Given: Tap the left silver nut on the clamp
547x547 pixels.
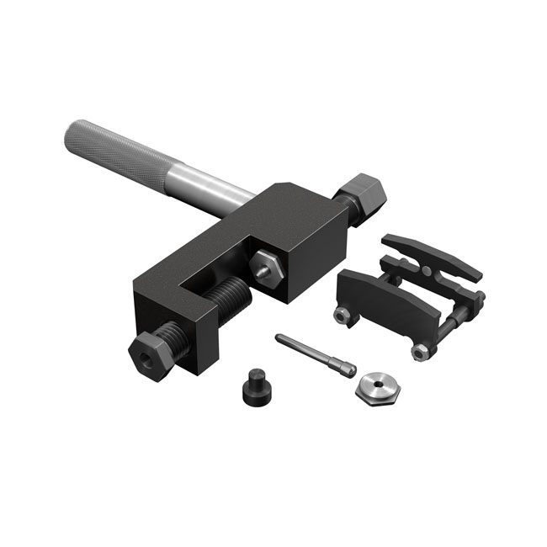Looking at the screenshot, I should (343, 315).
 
